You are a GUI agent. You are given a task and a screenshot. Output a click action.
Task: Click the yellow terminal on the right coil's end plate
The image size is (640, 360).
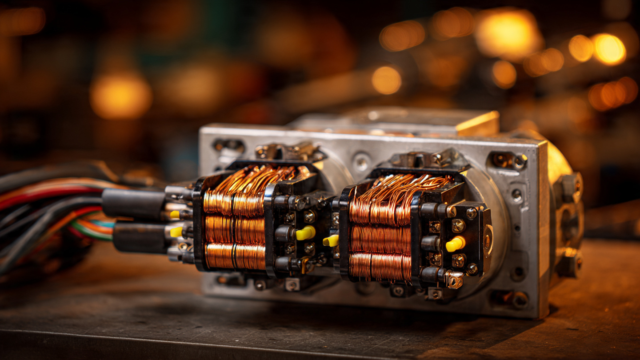pos(455,244)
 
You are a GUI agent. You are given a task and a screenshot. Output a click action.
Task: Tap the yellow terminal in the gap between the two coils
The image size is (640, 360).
pos(331,240)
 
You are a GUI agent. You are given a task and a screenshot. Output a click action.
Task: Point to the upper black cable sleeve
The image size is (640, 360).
pos(134,203)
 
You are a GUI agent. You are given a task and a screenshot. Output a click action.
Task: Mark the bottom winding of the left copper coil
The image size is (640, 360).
pos(235,256)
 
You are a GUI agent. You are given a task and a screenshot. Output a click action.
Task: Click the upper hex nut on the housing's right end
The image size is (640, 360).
pos(569,186)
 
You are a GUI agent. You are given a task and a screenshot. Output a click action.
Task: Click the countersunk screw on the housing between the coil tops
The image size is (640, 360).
pos(361,162)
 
